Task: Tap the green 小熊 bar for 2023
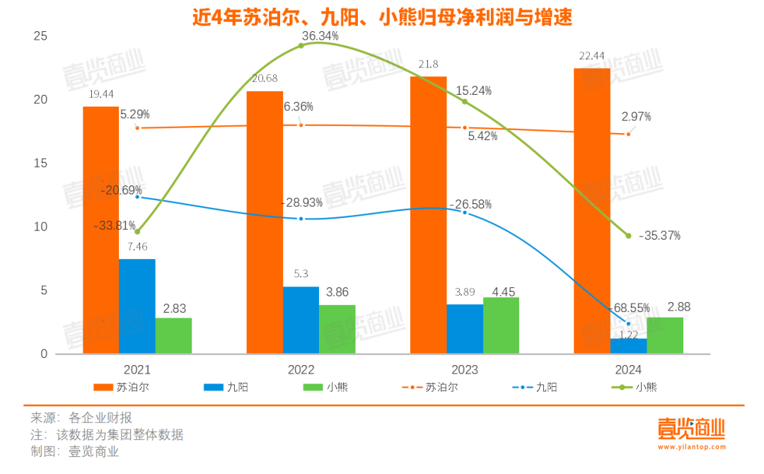click(501, 325)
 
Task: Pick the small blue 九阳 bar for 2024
click(628, 346)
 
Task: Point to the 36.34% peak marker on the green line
click(301, 45)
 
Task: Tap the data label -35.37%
click(659, 236)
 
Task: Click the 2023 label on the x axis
click(465, 369)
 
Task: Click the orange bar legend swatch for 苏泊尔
click(103, 387)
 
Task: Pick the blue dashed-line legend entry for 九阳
click(521, 387)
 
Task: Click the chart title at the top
click(382, 16)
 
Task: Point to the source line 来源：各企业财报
click(81, 417)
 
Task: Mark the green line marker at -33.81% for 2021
click(137, 231)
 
